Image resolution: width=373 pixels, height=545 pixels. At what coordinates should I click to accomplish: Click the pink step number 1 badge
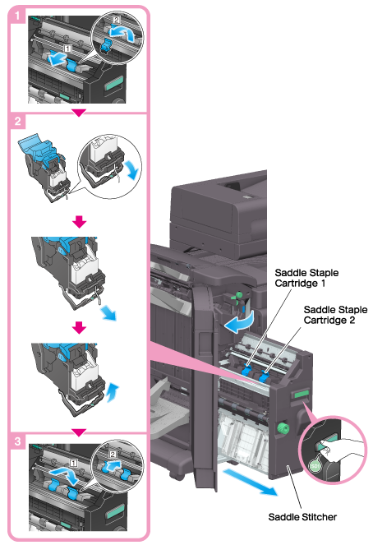coord(16,16)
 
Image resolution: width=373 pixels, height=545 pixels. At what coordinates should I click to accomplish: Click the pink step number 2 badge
coord(17,122)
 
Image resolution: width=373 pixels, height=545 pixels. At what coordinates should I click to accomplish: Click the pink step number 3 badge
coord(17,441)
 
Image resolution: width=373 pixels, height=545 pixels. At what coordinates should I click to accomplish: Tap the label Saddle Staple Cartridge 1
coord(306,278)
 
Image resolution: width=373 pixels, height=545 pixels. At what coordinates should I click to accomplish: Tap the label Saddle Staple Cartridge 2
coord(335,315)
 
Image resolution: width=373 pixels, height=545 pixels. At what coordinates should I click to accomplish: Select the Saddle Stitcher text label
coord(302,517)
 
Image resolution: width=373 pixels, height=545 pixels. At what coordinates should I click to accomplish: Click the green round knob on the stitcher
coord(283,428)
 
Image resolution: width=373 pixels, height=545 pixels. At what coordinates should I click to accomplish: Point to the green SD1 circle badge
coord(315,465)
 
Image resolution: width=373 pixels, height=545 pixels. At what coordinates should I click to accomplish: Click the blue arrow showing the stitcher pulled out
coord(250,482)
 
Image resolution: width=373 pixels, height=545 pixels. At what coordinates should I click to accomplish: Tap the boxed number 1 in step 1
coord(67,48)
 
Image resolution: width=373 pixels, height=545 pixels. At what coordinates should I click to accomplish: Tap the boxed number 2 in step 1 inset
coord(116,20)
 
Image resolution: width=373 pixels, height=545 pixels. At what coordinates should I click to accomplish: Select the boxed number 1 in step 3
coord(73,463)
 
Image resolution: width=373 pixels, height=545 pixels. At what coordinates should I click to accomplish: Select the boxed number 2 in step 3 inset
coord(113,455)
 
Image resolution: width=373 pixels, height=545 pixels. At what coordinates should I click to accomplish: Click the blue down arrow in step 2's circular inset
coord(132,170)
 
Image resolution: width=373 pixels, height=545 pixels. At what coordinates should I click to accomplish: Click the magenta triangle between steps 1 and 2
coord(79,113)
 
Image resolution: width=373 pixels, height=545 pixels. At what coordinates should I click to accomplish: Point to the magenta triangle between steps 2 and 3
coord(79,432)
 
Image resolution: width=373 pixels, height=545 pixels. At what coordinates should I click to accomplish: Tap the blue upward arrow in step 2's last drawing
coord(113,393)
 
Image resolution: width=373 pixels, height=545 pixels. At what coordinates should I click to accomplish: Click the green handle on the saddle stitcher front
coord(301,394)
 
